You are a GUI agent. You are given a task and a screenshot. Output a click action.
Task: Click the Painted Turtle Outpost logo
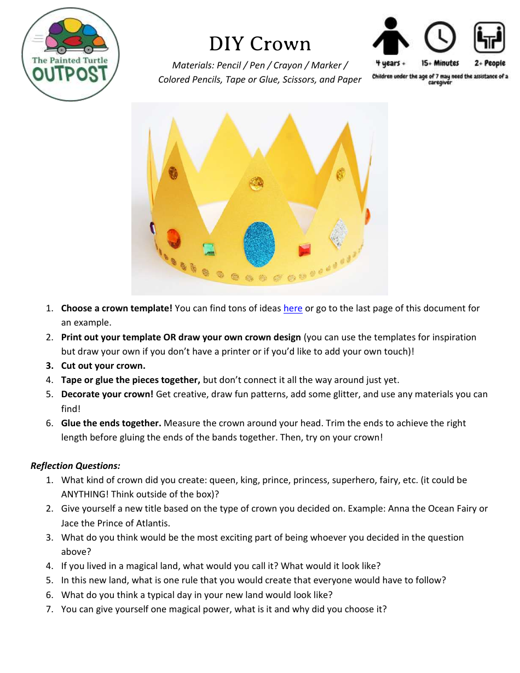pyautogui.click(x=71, y=54)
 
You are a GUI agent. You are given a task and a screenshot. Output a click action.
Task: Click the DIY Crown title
pyautogui.click(x=260, y=44)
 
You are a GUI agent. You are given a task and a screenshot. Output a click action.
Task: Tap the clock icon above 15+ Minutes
pyautogui.click(x=440, y=37)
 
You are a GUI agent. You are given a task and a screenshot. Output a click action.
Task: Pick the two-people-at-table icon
pyautogui.click(x=489, y=37)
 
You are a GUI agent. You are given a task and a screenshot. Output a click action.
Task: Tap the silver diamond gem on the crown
pyautogui.click(x=338, y=233)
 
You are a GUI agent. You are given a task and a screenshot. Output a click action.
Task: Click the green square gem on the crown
pyautogui.click(x=209, y=249)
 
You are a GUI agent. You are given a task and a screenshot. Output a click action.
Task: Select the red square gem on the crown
pyautogui.click(x=304, y=250)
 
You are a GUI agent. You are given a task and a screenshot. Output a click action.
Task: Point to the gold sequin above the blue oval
pyautogui.click(x=256, y=183)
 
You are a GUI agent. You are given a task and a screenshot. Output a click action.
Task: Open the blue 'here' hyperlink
pyautogui.click(x=293, y=309)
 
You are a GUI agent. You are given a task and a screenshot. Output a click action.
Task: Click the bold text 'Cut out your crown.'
pyautogui.click(x=103, y=365)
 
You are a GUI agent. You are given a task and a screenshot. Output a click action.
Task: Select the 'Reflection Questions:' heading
pyautogui.click(x=76, y=466)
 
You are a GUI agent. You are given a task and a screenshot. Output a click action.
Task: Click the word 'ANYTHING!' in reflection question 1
pyautogui.click(x=84, y=494)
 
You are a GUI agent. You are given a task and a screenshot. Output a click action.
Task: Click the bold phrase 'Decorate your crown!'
pyautogui.click(x=107, y=394)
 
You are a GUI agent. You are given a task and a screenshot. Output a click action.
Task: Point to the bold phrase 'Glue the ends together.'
pyautogui.click(x=111, y=423)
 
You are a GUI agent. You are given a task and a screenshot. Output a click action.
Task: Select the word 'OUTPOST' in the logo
pyautogui.click(x=70, y=74)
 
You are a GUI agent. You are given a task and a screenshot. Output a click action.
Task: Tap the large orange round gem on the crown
pyautogui.click(x=174, y=239)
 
